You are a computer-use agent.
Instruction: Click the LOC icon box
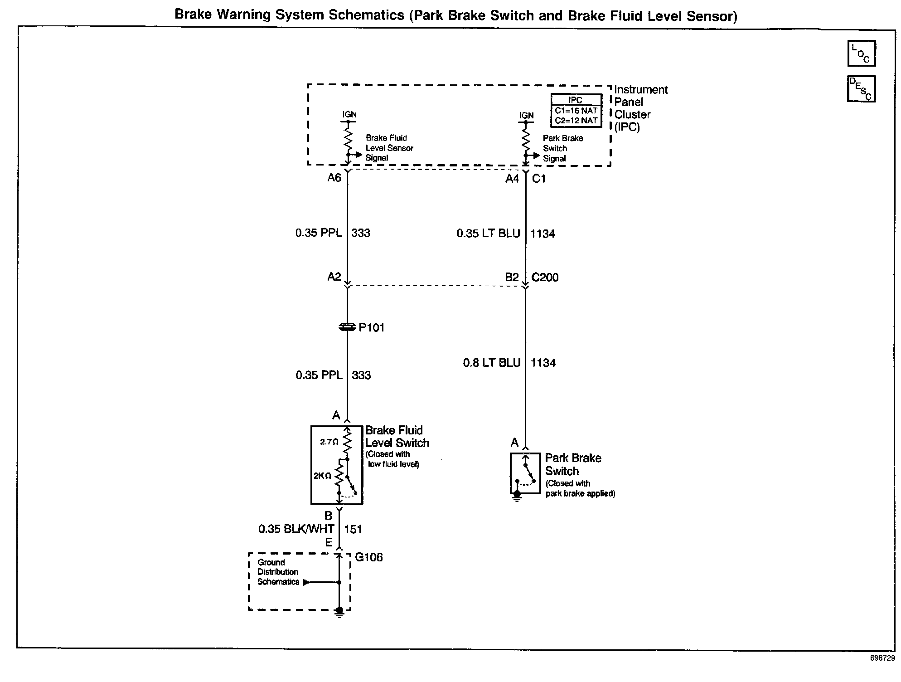point(861,54)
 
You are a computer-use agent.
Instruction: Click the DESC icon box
point(861,89)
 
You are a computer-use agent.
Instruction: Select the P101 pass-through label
point(371,327)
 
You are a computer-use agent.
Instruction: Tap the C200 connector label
point(545,277)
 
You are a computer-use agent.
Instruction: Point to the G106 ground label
point(368,557)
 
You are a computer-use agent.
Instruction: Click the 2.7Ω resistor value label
point(329,442)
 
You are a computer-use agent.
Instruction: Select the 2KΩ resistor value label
point(322,476)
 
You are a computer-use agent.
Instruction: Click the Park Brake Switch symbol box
point(525,473)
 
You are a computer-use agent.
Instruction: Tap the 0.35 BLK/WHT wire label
point(296,529)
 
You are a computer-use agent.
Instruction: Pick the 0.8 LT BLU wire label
point(491,363)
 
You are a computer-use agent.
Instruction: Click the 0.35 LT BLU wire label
point(488,234)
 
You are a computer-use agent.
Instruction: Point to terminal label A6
point(334,178)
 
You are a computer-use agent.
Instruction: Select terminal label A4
point(512,179)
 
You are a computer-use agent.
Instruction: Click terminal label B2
point(512,277)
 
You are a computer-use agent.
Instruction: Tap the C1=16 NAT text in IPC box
point(576,111)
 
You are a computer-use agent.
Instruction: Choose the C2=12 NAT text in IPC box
point(576,121)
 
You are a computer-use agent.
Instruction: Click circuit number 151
point(353,529)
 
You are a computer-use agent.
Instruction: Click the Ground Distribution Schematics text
point(278,572)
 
